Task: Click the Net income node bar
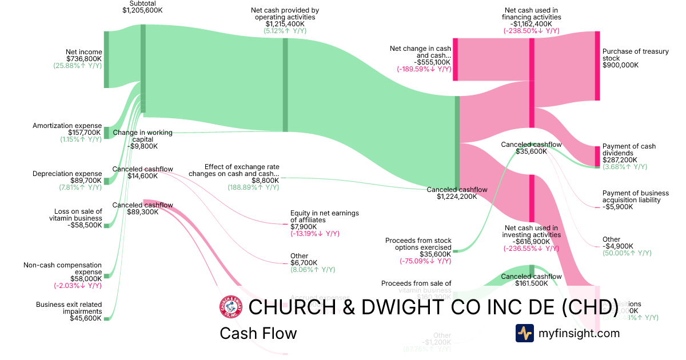pyautogui.click(x=106, y=59)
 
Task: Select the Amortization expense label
pyautogui.click(x=67, y=126)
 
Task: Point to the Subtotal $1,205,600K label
pyautogui.click(x=142, y=7)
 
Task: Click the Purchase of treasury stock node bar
pyautogui.click(x=597, y=66)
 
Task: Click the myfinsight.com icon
pyautogui.click(x=524, y=333)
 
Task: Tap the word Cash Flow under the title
pyautogui.click(x=258, y=333)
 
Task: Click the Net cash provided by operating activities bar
pyautogui.click(x=285, y=85)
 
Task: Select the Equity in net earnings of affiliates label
pyautogui.click(x=324, y=217)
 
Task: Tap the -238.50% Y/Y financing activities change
pyautogui.click(x=531, y=31)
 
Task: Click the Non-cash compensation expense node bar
pyautogui.click(x=106, y=276)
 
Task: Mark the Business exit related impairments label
pyautogui.click(x=69, y=308)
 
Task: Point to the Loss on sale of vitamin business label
pyautogui.click(x=79, y=215)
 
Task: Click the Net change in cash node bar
pyautogui.click(x=456, y=59)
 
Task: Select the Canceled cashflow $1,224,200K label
pyautogui.click(x=457, y=193)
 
